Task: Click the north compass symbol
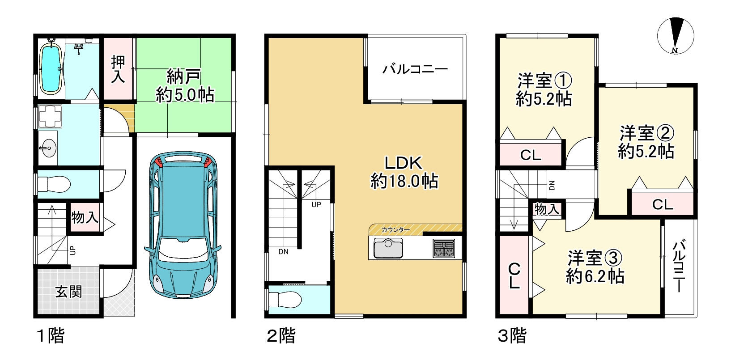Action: (675, 35)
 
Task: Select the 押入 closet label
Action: (118, 69)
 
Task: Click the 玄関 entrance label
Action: (68, 292)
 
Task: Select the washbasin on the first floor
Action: (47, 146)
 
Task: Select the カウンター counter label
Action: (395, 230)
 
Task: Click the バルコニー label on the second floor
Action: (415, 69)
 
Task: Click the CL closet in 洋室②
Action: (663, 204)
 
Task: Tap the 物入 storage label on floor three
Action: (547, 209)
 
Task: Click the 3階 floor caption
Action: (512, 336)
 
